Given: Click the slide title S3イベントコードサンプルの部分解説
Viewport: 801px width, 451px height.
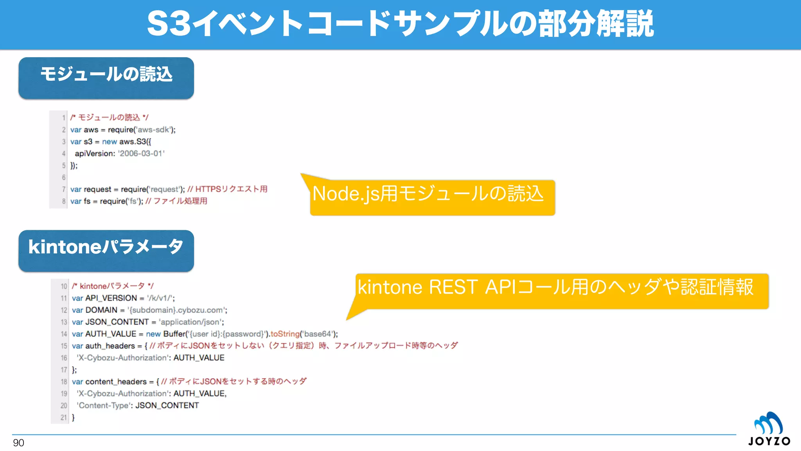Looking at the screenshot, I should [x=400, y=24].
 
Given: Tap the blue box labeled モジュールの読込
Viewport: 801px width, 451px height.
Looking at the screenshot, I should [x=106, y=78].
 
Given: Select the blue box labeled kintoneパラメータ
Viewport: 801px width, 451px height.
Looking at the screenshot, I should [x=106, y=251].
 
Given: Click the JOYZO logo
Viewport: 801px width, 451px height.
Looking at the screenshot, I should [x=769, y=429].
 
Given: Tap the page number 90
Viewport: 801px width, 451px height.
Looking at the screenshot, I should [x=18, y=443].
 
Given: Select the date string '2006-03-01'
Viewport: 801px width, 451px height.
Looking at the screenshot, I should [x=142, y=154].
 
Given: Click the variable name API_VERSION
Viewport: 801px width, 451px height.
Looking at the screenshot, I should [x=111, y=298].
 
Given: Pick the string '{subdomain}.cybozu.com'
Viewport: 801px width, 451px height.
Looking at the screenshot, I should [x=177, y=310].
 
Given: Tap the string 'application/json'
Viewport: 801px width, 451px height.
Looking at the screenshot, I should [x=191, y=322].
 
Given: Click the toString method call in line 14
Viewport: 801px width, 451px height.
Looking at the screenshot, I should [x=285, y=334].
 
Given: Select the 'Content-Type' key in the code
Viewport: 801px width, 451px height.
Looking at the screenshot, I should [x=104, y=406].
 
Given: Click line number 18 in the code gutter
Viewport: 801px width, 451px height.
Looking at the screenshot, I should [x=64, y=382].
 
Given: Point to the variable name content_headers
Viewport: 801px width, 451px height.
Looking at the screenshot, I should [x=116, y=382].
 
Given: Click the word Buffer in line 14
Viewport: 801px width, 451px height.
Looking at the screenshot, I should [x=174, y=334].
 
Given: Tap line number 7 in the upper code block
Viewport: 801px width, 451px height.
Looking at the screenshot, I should [x=63, y=189].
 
